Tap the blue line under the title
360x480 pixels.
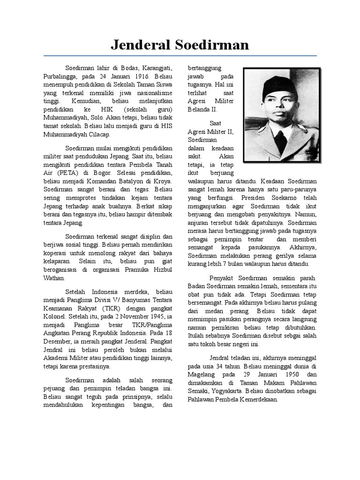click(x=180, y=56)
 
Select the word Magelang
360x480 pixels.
click(x=202, y=375)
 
